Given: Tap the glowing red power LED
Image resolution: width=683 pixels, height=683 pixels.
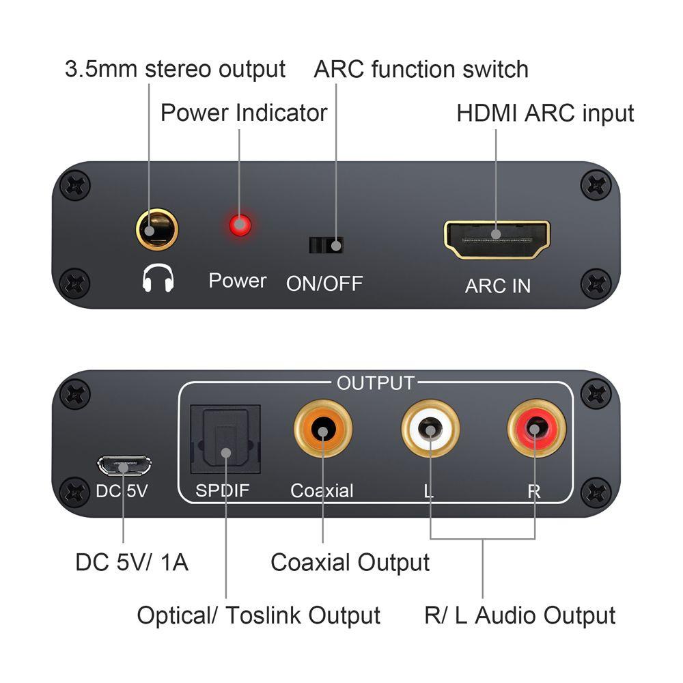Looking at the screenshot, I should click(x=239, y=225).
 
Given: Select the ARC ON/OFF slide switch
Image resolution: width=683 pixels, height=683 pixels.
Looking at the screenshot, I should click(x=326, y=245).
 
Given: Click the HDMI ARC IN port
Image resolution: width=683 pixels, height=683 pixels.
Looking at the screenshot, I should click(x=497, y=240).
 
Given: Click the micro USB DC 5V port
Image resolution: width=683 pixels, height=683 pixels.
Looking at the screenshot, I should click(x=124, y=466).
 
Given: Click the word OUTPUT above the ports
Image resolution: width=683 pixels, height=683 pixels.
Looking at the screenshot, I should click(x=375, y=383).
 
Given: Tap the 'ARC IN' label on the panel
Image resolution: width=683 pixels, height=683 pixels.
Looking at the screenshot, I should click(x=497, y=285).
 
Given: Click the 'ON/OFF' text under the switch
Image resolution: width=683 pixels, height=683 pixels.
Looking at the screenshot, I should click(x=324, y=283).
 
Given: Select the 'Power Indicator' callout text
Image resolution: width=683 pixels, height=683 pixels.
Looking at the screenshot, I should click(x=244, y=113).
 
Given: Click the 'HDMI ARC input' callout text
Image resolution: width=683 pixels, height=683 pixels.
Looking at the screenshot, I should click(x=545, y=113).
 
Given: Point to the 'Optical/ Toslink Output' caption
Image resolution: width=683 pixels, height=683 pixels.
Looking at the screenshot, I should click(x=258, y=615).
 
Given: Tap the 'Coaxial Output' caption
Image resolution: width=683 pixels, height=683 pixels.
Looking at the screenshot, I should click(x=350, y=562).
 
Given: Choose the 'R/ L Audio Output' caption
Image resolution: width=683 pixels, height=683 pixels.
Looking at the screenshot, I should click(x=520, y=615).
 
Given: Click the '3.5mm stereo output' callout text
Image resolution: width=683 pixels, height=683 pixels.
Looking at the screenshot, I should click(x=175, y=69).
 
